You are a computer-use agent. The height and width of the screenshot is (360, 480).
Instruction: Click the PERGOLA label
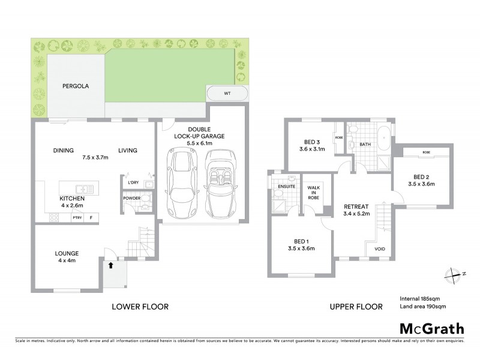[x=76, y=86]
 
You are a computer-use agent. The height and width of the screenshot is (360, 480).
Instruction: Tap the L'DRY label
[x=133, y=182]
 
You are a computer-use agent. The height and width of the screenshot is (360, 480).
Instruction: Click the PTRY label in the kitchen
[x=77, y=218]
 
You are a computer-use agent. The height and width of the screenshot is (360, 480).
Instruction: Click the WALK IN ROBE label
[x=312, y=191]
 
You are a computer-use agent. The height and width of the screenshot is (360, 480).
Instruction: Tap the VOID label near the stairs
[x=379, y=248]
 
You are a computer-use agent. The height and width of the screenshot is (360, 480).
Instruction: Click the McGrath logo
[x=431, y=328]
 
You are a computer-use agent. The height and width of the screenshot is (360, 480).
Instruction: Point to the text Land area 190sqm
[x=422, y=307]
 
